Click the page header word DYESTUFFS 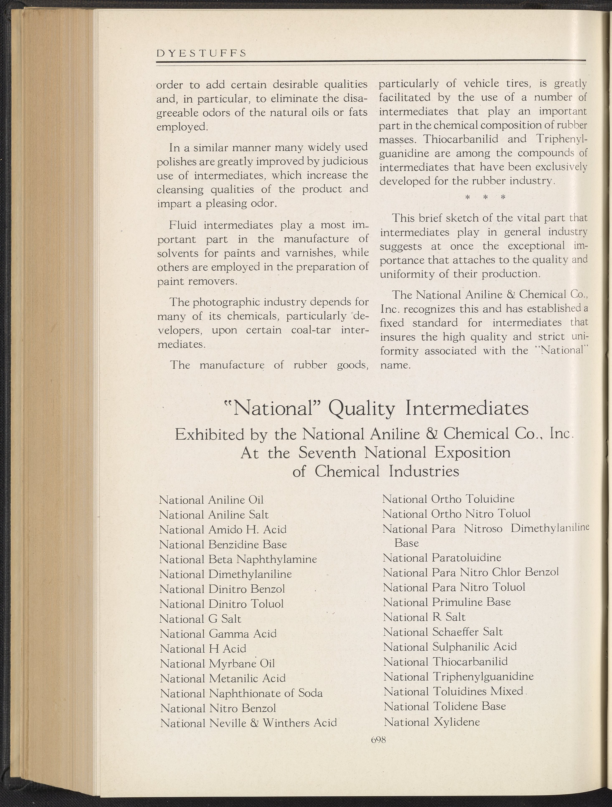[201, 53]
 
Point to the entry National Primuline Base [447, 602]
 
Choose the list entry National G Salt [200, 619]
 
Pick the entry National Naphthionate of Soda [241, 693]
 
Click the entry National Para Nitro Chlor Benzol [471, 572]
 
